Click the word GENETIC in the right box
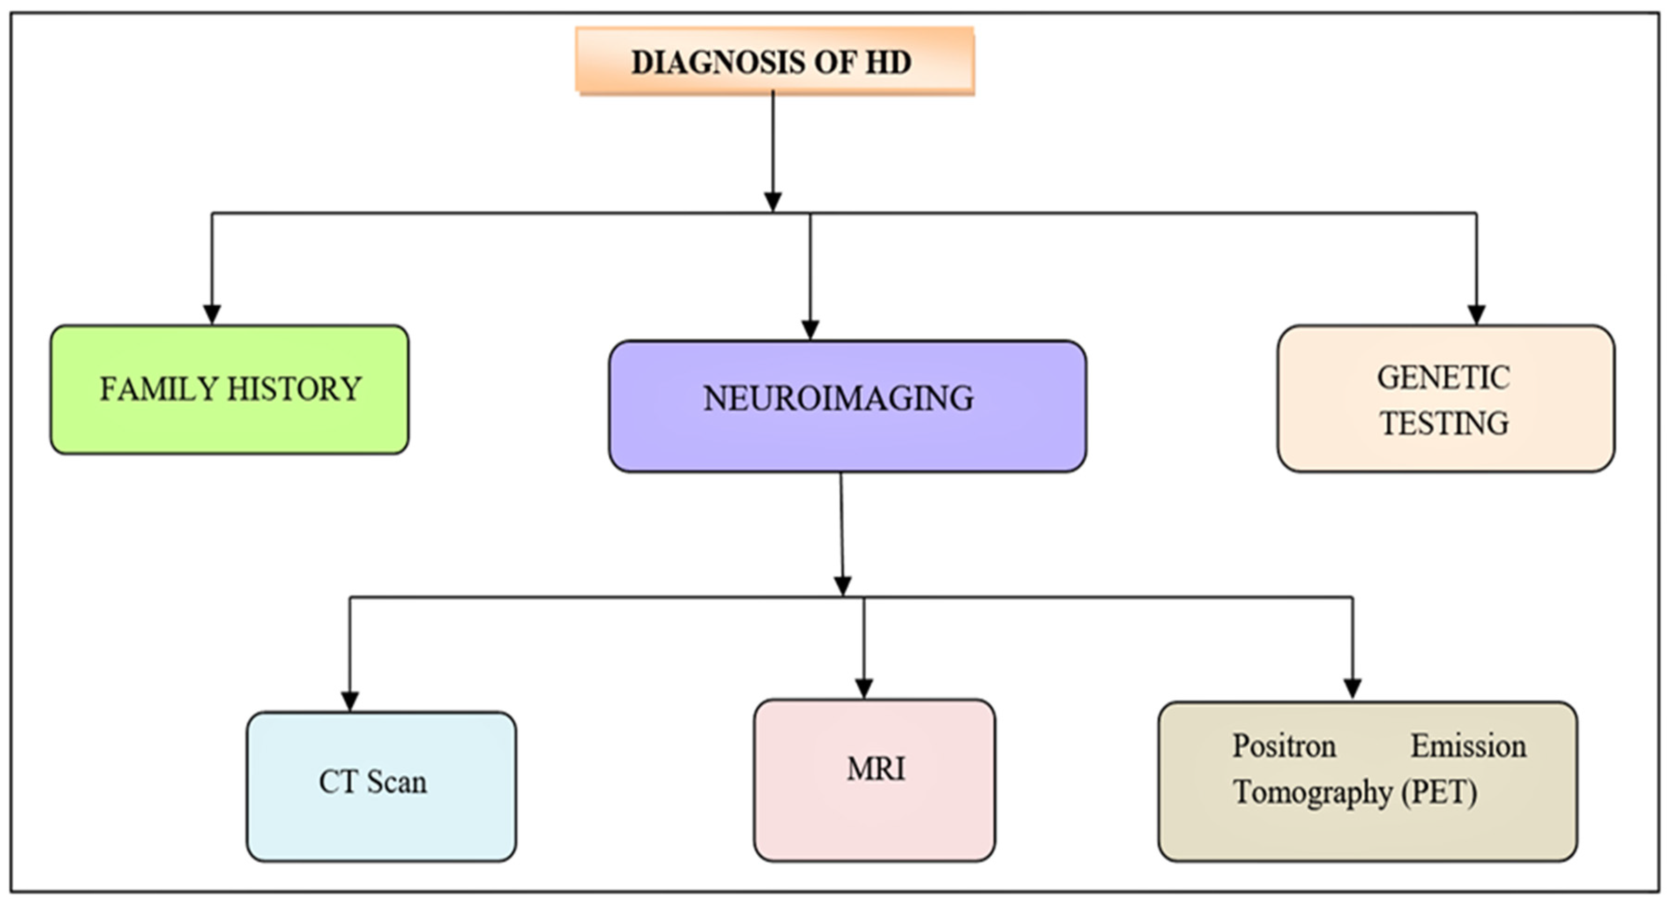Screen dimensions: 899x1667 point(1443,378)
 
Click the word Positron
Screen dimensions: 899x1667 point(1284,746)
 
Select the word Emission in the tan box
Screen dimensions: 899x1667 point(1468,746)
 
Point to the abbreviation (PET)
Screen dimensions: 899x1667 point(1439,792)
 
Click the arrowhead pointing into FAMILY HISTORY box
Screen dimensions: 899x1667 point(212,315)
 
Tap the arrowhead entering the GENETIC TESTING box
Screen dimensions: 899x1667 point(1476,315)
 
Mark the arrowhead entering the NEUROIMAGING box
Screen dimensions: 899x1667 point(810,329)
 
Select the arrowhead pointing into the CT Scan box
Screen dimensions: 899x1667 point(350,701)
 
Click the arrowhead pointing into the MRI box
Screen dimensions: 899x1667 point(864,688)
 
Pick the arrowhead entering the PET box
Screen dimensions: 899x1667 point(1352,688)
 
